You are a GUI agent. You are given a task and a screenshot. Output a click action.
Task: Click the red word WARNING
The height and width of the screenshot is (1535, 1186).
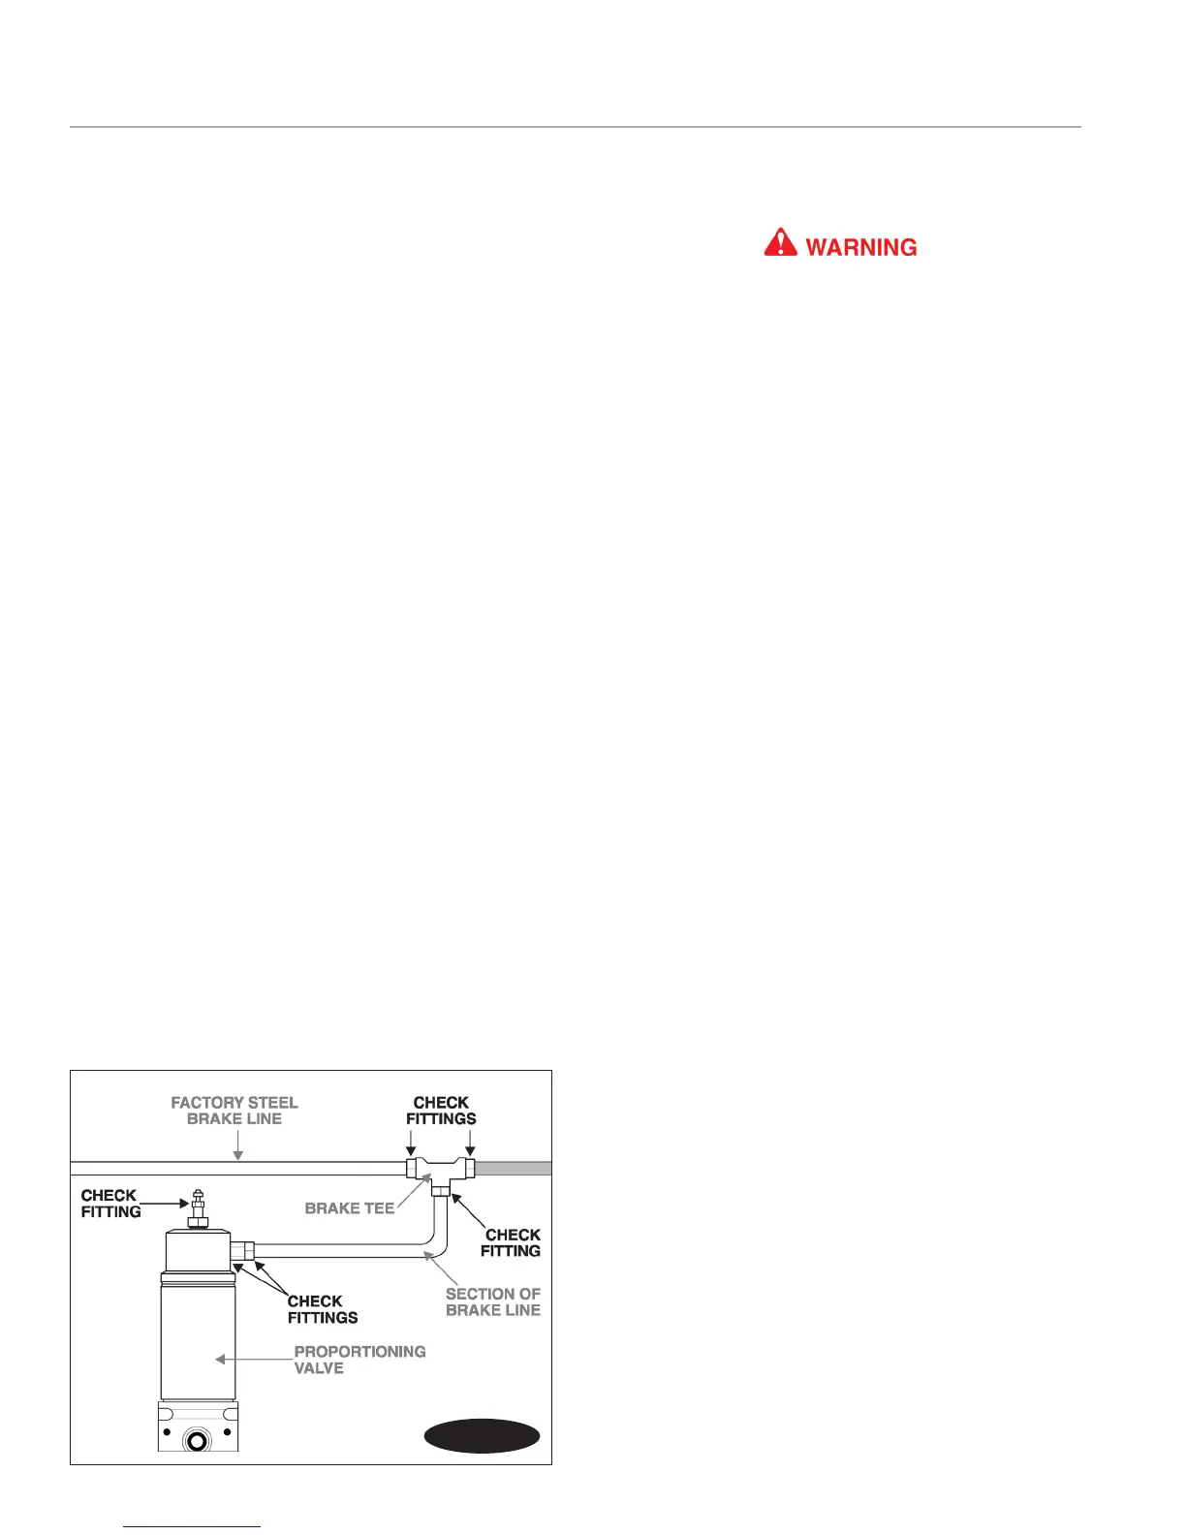[x=860, y=247]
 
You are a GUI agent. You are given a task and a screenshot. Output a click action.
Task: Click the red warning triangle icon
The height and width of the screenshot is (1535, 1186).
[x=780, y=242]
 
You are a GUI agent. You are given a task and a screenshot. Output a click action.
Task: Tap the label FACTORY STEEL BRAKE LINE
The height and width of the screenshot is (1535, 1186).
[x=234, y=1111]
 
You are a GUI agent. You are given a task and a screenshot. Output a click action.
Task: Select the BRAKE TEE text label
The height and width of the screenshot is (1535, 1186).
[x=350, y=1208]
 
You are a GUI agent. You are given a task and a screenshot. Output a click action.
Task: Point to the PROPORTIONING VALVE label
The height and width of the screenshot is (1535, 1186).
[x=359, y=1360]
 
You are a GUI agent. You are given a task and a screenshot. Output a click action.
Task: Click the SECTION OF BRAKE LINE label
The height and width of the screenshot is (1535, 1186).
[x=492, y=1301]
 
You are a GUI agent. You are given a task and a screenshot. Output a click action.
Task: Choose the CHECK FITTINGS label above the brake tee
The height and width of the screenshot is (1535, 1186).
[x=441, y=1111]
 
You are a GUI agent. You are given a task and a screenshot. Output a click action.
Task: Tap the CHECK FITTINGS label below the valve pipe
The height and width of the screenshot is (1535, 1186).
[x=323, y=1309]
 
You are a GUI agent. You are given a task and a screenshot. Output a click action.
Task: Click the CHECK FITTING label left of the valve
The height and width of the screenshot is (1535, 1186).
[x=110, y=1204]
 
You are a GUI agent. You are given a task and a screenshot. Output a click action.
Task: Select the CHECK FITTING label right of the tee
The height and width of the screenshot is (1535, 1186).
[x=512, y=1242]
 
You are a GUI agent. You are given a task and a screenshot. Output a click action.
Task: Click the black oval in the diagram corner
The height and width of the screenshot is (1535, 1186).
[x=482, y=1436]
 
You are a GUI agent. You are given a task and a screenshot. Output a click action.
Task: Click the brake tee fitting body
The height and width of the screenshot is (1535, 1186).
[x=441, y=1169]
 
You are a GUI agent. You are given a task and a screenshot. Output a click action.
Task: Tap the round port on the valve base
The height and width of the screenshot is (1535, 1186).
[x=198, y=1440]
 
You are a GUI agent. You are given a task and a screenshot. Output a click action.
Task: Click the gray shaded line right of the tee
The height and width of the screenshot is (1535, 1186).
[x=513, y=1168]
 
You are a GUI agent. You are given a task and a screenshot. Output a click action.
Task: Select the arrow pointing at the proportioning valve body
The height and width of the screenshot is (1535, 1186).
[x=221, y=1360]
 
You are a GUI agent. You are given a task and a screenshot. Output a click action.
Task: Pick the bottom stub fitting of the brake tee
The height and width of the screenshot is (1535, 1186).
[x=441, y=1190]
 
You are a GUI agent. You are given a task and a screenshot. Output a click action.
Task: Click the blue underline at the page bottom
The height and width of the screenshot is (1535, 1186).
[x=192, y=1526]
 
